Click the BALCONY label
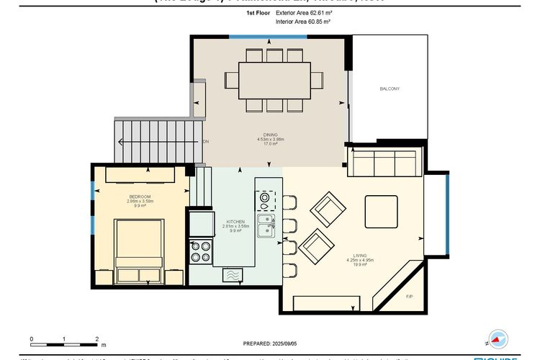tap(390, 89)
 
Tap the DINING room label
tap(271, 135)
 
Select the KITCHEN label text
tap(235, 222)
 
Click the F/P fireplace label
tap(409, 297)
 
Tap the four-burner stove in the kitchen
tap(199, 251)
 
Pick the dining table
tap(274, 77)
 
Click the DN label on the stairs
tap(206, 142)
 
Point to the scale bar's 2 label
tap(97, 338)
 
